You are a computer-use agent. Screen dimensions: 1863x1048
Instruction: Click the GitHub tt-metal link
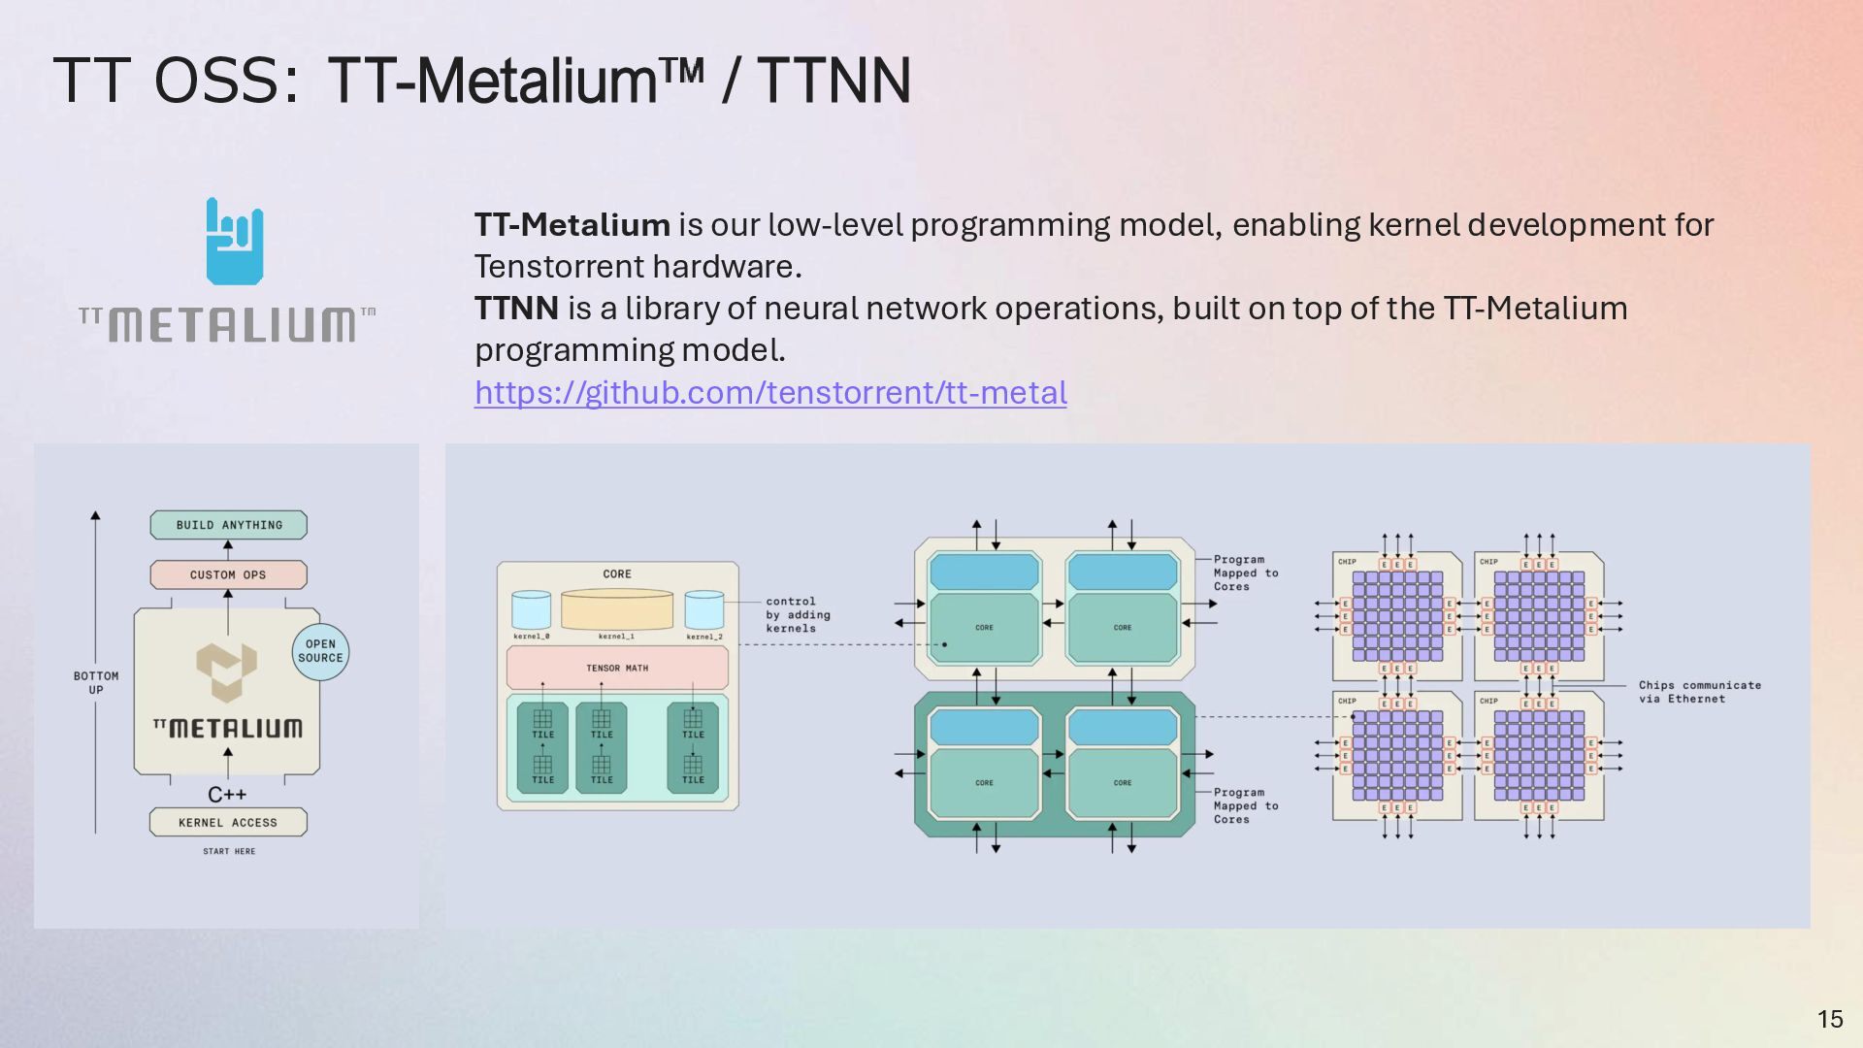[770, 393]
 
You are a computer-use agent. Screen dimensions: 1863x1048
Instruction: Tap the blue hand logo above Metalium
[235, 242]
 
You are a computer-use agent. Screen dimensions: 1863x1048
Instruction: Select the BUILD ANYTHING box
[229, 525]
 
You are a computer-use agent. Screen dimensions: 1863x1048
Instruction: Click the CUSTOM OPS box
[228, 574]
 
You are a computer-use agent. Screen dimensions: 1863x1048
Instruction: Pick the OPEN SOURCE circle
[320, 651]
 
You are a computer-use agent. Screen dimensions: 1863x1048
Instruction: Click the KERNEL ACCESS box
[228, 822]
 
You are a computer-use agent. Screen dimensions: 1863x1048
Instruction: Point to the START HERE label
[229, 851]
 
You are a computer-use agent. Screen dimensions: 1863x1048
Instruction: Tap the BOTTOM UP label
[96, 682]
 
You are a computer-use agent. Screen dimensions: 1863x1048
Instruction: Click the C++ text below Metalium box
[227, 795]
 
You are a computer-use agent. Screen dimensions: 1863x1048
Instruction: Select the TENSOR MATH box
[617, 668]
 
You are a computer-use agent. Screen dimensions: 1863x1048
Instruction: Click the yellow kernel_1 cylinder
[617, 609]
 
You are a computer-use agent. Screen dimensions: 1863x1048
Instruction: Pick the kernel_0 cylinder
[531, 610]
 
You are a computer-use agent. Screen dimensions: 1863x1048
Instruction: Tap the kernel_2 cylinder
[704, 610]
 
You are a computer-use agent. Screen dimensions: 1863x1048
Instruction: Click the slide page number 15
[1830, 1019]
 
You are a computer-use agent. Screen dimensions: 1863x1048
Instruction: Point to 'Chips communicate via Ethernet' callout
[1699, 692]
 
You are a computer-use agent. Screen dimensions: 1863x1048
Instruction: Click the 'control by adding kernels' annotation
[798, 615]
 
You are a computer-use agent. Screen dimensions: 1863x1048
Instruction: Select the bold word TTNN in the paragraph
[516, 309]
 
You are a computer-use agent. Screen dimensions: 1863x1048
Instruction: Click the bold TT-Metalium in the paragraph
[572, 225]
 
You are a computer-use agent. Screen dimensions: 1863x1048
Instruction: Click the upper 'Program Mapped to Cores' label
[1245, 573]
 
